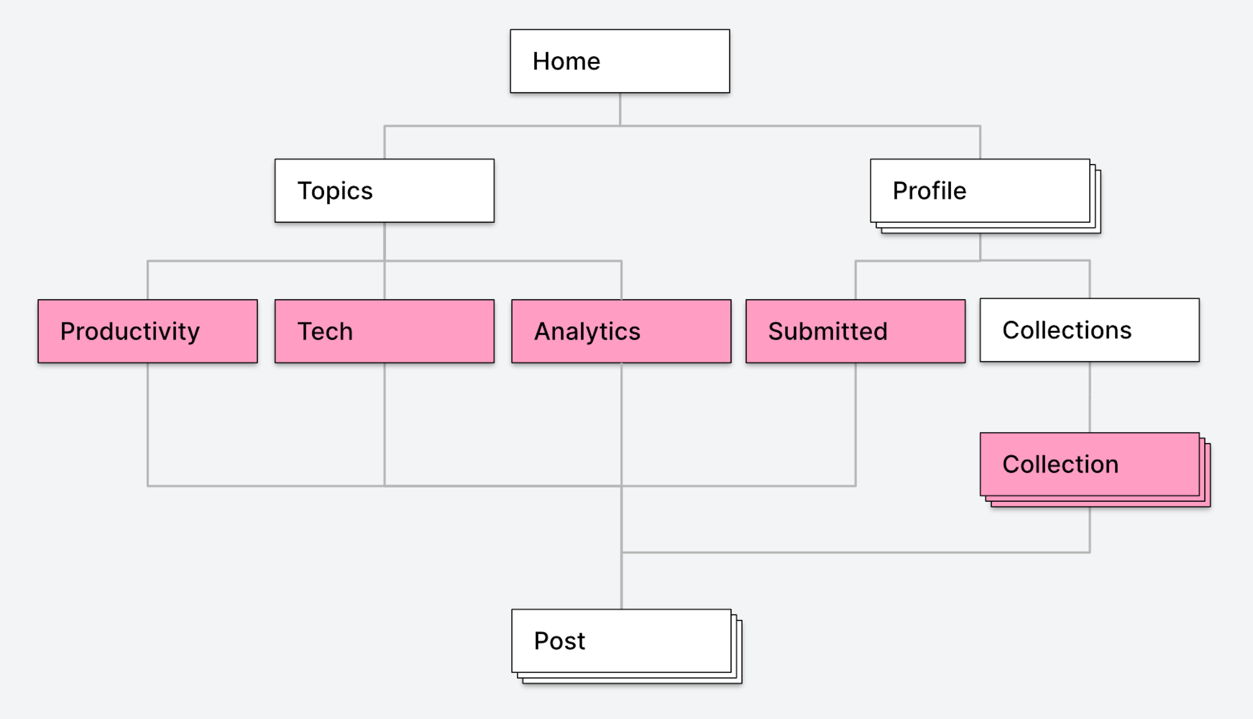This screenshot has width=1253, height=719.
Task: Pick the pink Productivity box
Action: click(x=147, y=331)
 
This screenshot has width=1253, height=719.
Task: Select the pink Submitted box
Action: click(x=856, y=331)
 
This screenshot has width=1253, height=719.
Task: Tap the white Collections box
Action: click(x=1090, y=330)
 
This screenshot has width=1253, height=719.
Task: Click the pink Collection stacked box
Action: click(x=1095, y=469)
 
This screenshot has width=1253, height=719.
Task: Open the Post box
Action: click(x=626, y=646)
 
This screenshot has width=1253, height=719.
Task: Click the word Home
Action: click(x=566, y=61)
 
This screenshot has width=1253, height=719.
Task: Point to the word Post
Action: click(x=559, y=641)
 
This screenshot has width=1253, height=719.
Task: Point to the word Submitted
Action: click(x=828, y=331)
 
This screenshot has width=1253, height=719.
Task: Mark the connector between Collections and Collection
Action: click(x=1090, y=397)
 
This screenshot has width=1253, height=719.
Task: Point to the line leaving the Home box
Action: click(x=620, y=109)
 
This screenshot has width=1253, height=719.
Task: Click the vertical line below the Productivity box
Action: click(x=147, y=425)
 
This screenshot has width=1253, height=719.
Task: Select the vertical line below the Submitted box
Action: click(x=856, y=425)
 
